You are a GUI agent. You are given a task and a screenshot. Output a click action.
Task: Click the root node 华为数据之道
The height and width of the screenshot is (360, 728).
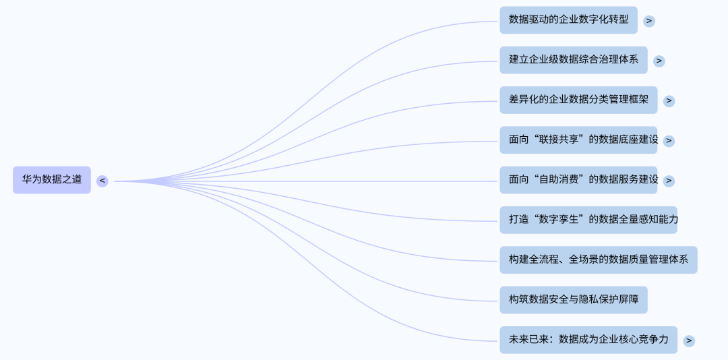(x=52, y=180)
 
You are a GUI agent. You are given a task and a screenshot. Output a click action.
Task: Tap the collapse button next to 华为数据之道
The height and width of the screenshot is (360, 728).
(x=102, y=181)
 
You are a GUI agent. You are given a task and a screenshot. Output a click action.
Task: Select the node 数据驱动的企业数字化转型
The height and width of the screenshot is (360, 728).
(x=568, y=20)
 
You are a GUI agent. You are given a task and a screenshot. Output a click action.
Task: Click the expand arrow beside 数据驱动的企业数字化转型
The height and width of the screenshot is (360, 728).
(x=649, y=21)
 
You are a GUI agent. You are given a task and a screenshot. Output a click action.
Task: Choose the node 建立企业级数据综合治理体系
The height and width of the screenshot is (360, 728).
(x=573, y=60)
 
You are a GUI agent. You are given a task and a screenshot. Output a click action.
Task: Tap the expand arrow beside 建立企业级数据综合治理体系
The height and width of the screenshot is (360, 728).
(x=659, y=61)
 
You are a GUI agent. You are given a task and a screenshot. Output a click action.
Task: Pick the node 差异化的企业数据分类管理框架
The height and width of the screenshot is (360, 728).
(x=578, y=100)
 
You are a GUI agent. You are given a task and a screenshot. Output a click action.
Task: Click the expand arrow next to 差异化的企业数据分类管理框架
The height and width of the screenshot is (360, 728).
(x=669, y=100)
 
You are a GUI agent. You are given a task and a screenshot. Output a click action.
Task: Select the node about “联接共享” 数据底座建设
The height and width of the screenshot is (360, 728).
(x=578, y=140)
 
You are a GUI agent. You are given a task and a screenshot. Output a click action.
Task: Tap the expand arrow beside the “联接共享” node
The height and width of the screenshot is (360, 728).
(x=669, y=141)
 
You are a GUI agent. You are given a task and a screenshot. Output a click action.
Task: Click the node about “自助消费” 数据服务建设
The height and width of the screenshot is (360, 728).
(x=578, y=180)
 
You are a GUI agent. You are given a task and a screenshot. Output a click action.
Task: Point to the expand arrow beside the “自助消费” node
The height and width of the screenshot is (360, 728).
(x=669, y=181)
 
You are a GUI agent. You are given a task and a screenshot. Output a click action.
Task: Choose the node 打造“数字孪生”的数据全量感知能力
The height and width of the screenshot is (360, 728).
(x=588, y=220)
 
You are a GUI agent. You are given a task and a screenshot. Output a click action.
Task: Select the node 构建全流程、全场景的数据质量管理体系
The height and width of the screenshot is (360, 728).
(x=599, y=260)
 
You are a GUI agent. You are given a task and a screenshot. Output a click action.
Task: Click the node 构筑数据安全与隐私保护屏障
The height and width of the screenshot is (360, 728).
(x=573, y=300)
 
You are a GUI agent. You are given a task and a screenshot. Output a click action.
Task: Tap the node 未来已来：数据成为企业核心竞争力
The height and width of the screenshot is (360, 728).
(x=588, y=340)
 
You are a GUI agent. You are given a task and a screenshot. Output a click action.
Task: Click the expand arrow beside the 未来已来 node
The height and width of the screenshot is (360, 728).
(x=689, y=340)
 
